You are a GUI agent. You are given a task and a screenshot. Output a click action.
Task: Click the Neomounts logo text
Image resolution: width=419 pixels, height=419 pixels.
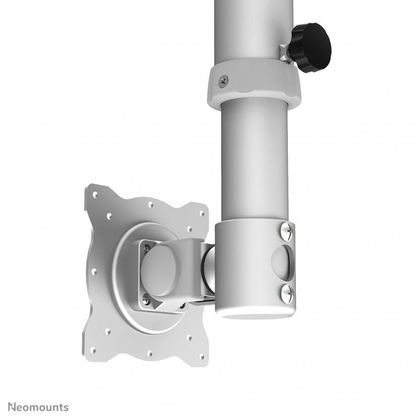(x=34, y=406)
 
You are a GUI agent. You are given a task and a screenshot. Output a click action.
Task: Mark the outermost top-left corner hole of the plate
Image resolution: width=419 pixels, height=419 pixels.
(x=95, y=195)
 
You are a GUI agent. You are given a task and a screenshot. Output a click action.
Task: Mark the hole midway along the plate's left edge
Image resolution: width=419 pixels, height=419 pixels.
(x=95, y=271)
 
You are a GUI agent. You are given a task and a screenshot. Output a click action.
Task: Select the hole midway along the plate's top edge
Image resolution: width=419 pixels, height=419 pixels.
(x=150, y=205)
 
